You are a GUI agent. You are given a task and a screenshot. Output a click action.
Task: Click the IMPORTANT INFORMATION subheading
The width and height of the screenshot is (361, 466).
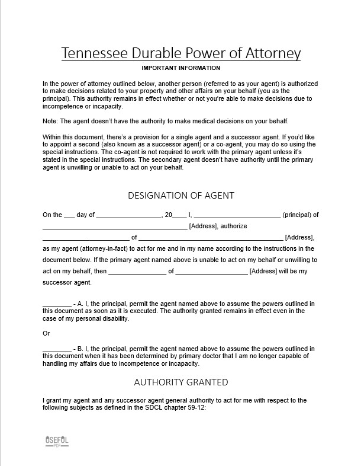coord(180,68)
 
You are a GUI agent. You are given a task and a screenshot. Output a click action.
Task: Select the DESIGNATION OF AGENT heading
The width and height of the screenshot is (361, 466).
coord(180,195)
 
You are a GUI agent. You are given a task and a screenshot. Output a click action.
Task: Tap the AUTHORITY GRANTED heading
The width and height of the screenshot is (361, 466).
coord(180,382)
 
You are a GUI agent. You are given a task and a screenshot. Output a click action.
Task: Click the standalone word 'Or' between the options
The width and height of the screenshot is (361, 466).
coord(47,333)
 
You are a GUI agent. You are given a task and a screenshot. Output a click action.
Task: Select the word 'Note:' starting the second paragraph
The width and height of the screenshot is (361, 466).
coord(51,122)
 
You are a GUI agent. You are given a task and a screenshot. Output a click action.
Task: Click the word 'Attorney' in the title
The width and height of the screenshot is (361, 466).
coord(266,53)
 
